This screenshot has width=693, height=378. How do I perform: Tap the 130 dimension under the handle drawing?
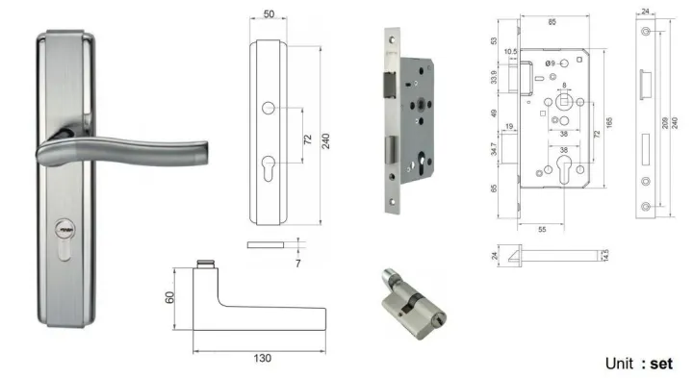coord(262,358)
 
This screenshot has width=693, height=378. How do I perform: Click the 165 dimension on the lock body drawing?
coord(606,125)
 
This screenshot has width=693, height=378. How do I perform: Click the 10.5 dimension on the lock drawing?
coord(510,52)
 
